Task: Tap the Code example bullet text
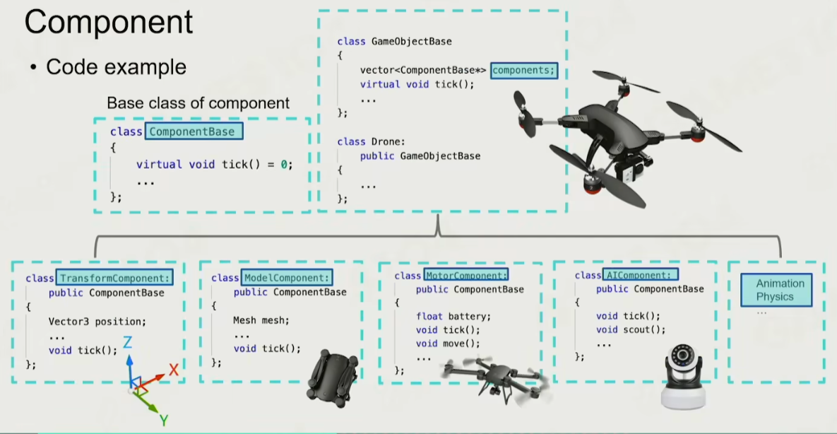[116, 67]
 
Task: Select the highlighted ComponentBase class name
[191, 131]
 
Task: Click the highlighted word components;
[524, 70]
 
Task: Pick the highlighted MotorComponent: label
[466, 276]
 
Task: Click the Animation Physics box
[775, 290]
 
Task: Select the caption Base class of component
[198, 102]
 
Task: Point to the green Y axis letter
[164, 421]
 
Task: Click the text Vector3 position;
[97, 321]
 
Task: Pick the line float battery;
[453, 316]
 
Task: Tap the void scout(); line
[631, 329]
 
